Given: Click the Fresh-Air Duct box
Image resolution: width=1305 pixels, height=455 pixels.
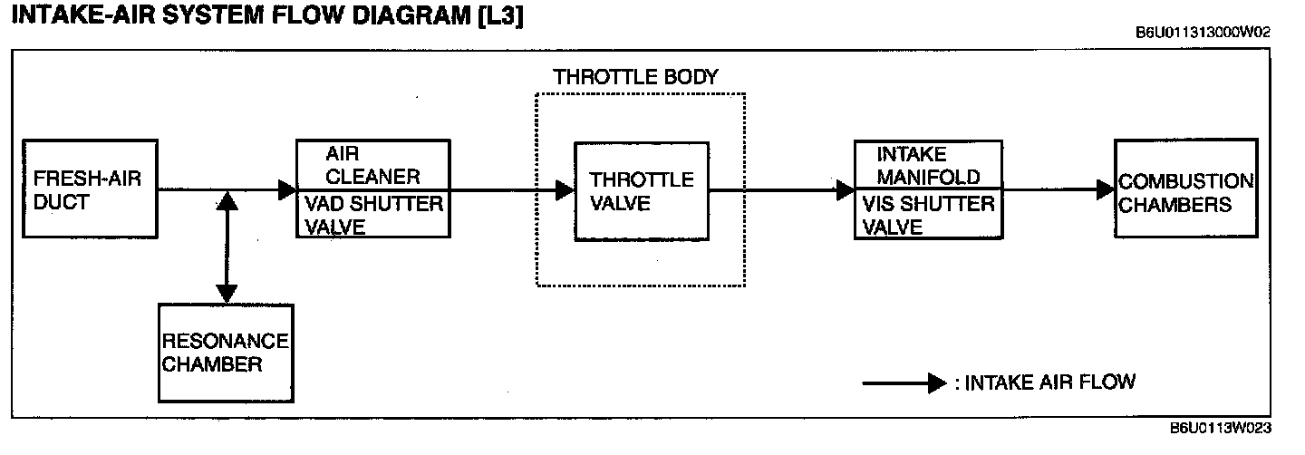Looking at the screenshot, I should pos(90,189).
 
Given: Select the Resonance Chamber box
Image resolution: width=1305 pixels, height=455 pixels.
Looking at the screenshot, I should pos(224,353).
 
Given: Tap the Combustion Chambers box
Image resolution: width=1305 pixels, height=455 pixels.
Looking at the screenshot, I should pos(1185,189).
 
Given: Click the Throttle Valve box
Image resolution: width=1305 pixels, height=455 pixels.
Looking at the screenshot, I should pos(642,190).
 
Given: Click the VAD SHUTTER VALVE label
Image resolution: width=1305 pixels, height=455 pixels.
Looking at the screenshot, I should pos(372,216).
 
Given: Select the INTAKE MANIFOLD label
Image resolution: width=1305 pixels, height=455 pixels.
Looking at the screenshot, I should pos(927,165).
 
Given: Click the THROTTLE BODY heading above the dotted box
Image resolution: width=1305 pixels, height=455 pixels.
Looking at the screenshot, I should pos(635,77).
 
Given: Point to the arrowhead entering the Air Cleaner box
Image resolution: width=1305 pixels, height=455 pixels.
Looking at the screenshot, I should pos(288,190).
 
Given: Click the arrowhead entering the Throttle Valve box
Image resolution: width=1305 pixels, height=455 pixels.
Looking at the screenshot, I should pos(565,190).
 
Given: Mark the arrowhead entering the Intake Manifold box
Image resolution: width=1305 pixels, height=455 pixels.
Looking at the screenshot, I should pos(846,190).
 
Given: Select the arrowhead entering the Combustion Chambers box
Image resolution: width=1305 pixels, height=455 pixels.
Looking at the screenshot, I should pos(1106,190).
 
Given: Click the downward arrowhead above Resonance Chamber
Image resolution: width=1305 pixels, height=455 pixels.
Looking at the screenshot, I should pos(227,293).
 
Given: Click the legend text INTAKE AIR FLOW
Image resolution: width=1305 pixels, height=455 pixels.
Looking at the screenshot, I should pos(1049,382).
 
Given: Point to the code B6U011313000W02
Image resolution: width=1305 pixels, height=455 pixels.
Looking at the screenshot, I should pos(1203,33).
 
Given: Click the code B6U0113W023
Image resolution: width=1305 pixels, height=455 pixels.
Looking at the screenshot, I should pos(1220,429).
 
